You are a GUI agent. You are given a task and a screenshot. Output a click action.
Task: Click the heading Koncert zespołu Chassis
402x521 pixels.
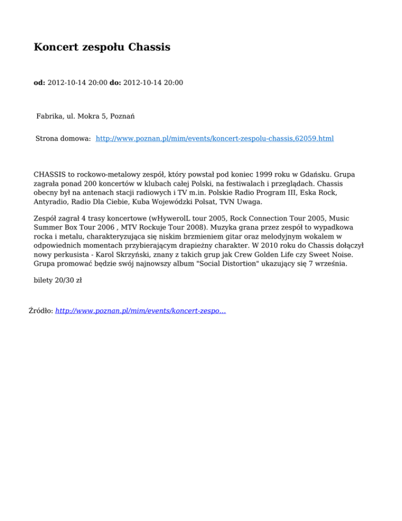[x=102, y=48]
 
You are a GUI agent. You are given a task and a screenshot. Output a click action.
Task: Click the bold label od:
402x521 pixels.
[x=39, y=83]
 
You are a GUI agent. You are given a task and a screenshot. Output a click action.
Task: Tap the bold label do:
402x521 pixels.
[x=115, y=83]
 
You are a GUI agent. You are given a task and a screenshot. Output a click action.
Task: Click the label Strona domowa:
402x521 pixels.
[x=63, y=139]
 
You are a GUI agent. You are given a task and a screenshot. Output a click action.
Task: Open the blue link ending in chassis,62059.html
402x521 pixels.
[x=215, y=139]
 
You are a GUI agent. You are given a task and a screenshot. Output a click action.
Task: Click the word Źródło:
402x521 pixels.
[x=40, y=311]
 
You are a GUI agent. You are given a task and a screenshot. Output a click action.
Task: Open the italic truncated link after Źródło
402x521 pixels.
[x=140, y=311]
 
